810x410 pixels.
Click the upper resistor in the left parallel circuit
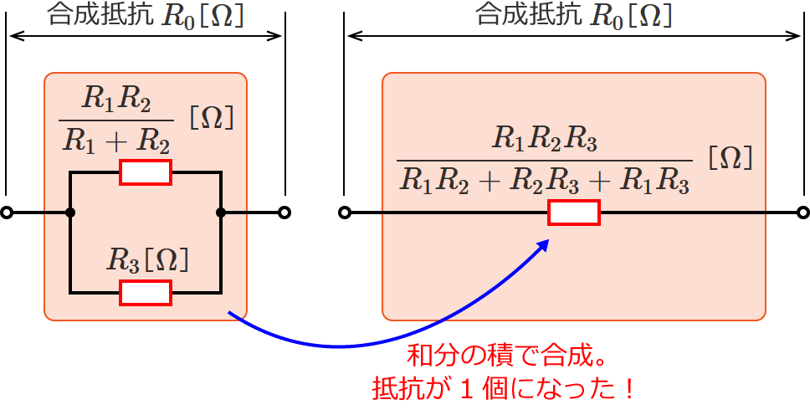pyautogui.click(x=146, y=172)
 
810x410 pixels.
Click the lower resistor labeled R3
pyautogui.click(x=146, y=292)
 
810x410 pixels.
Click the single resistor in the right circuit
pyautogui.click(x=574, y=213)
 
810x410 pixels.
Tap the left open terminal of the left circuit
pyautogui.click(x=7, y=213)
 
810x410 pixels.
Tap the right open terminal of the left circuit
pyautogui.click(x=285, y=213)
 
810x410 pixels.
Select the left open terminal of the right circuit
pyautogui.click(x=345, y=213)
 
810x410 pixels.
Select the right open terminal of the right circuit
pyautogui.click(x=803, y=213)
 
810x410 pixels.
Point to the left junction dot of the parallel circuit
pyautogui.click(x=70, y=213)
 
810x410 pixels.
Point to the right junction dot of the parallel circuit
pyautogui.click(x=221, y=213)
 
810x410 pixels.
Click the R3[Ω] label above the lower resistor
pyautogui.click(x=147, y=261)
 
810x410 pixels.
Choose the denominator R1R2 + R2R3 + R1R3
pyautogui.click(x=545, y=178)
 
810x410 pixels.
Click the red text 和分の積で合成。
pyautogui.click(x=505, y=358)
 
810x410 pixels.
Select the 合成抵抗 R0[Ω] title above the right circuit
pyautogui.click(x=573, y=15)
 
